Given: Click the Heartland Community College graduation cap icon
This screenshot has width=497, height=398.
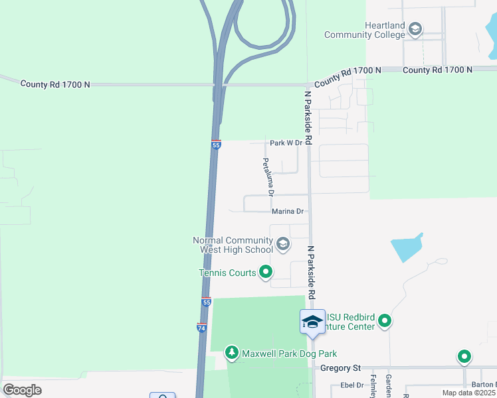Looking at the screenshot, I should pos(415,29).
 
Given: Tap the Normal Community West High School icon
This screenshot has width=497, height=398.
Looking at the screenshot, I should pos(282,245).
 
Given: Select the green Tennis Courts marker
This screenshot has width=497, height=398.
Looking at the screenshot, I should pos(266,271).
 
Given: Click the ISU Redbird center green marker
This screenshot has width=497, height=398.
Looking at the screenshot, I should pos(385,322).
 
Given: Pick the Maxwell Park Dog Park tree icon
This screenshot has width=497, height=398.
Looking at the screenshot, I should pos(232,353).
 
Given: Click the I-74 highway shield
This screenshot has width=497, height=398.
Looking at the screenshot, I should pos(201,328).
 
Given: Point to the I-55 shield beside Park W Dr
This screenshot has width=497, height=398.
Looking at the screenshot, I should pos(216,145).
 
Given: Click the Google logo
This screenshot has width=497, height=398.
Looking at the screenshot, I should pos(23,390).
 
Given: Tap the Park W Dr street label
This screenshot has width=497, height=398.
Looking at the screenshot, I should pos(286,143).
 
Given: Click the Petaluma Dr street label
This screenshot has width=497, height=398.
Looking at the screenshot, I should pos(267,178).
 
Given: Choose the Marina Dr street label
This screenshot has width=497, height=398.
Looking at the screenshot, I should pos(288,212).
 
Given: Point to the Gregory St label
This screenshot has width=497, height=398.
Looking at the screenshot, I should pos(340,367).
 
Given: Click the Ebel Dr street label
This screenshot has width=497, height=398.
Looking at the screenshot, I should pos(352,385).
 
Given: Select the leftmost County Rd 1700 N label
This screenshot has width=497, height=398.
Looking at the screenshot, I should pos(55,84).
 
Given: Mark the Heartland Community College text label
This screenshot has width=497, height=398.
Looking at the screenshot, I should pos(365,30).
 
